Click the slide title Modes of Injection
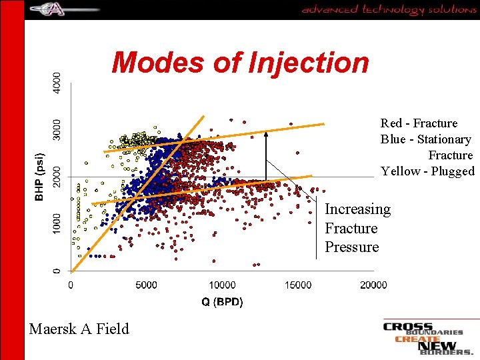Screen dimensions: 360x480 240,63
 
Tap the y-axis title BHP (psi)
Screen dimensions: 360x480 40,177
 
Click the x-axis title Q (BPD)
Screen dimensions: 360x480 222,302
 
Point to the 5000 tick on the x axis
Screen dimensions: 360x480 147,285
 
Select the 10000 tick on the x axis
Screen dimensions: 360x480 222,285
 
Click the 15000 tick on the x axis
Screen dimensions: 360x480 298,285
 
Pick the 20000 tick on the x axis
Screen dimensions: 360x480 373,285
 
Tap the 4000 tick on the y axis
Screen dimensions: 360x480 57,83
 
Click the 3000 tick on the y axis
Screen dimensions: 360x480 57,130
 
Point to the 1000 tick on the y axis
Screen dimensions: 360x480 57,224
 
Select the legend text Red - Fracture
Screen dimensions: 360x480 419,123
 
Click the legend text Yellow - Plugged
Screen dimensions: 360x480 427,171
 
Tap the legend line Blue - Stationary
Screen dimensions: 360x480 425,139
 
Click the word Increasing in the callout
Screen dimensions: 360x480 357,209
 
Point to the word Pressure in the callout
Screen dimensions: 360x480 351,247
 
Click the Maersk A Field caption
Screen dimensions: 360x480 79,328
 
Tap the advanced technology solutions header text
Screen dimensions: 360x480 389,9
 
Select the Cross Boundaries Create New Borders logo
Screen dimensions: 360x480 427,338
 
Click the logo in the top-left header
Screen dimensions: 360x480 64,9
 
